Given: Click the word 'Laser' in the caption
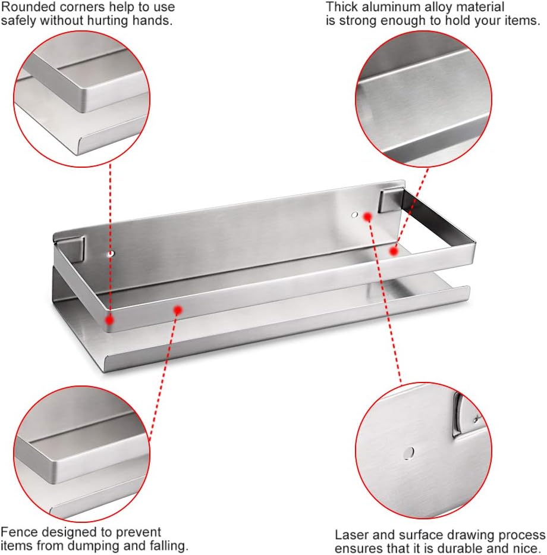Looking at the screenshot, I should click(x=350, y=535).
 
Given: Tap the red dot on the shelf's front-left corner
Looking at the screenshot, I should click(x=109, y=319).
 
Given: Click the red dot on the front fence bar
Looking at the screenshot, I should click(x=177, y=309).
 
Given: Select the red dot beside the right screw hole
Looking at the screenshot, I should click(x=367, y=216).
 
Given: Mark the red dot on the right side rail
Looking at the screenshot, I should click(x=392, y=252).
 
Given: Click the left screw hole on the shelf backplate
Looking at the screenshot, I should click(x=111, y=254).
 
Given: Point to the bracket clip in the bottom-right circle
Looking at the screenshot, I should click(x=463, y=415).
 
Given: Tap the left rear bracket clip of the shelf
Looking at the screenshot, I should click(x=76, y=247).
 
